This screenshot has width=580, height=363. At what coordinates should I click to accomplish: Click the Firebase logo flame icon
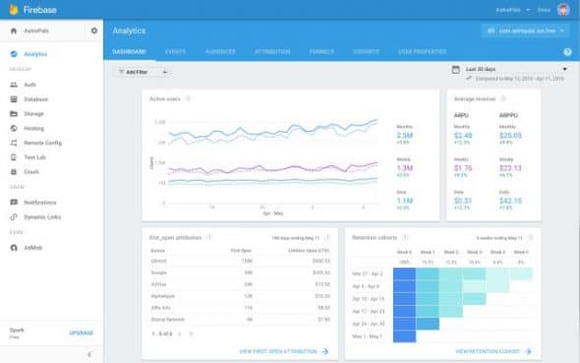coord(13,10)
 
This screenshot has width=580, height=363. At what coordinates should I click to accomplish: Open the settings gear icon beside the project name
coord(93,31)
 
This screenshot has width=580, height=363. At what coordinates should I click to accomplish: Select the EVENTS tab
coord(176,50)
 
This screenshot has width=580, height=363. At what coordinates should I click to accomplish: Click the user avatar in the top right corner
coord(562,10)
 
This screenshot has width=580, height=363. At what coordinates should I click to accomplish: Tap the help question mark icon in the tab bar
coord(567,51)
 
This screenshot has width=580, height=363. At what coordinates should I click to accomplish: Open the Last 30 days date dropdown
coord(509,70)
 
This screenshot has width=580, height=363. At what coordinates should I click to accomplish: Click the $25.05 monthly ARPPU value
coord(509,135)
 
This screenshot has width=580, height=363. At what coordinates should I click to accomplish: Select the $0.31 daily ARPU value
coord(462,200)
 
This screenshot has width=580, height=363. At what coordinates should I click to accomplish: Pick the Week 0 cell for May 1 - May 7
coord(403,335)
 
